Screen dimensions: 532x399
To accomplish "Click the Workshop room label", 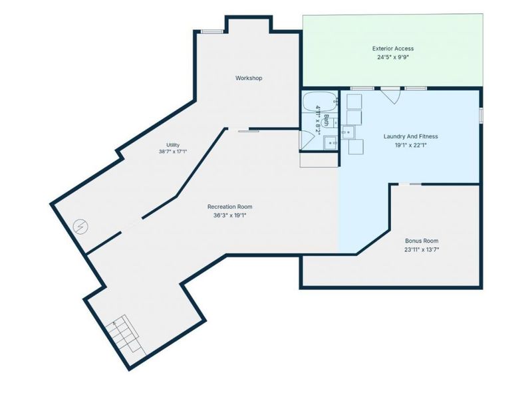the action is (249, 78).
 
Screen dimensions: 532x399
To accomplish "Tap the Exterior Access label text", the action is (393, 49).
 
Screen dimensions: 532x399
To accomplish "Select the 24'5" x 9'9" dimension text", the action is (393, 57).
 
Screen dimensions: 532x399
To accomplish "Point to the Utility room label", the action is (173, 145).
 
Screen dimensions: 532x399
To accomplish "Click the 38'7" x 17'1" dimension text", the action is (173, 152).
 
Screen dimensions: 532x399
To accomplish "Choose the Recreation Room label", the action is (229, 207).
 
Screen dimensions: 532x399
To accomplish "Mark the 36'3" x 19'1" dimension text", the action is (229, 215).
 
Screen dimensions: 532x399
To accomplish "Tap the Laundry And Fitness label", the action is (410, 136).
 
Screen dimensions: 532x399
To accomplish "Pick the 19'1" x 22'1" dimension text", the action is (410, 145).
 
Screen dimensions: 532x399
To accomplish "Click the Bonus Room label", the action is (422, 241).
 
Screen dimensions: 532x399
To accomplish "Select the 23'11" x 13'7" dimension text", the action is (422, 250).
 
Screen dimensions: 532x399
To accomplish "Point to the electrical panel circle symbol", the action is (80, 226).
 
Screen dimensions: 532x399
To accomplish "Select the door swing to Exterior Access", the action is (391, 96).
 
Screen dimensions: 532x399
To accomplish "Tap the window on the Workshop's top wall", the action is (212, 31).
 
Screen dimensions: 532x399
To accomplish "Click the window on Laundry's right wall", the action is (481, 114).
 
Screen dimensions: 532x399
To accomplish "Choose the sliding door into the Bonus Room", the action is (410, 184).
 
